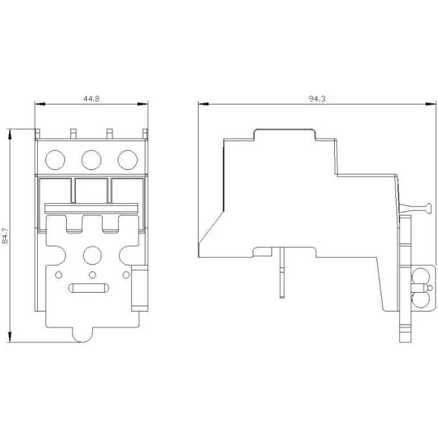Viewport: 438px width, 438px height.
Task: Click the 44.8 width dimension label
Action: click(x=91, y=99)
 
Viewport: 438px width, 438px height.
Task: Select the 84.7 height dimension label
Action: click(x=5, y=236)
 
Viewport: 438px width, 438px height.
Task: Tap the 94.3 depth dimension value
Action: click(x=317, y=99)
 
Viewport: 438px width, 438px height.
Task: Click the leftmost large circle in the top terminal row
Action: click(x=55, y=160)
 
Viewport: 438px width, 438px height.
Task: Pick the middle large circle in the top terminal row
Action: click(x=91, y=160)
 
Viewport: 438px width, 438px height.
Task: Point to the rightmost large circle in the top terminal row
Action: click(x=128, y=160)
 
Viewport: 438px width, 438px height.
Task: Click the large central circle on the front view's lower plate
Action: click(x=92, y=255)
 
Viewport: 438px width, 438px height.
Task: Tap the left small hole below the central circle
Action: click(x=58, y=275)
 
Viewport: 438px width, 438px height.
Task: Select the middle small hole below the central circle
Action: click(x=92, y=275)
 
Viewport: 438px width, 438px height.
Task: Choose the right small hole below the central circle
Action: click(x=127, y=275)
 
